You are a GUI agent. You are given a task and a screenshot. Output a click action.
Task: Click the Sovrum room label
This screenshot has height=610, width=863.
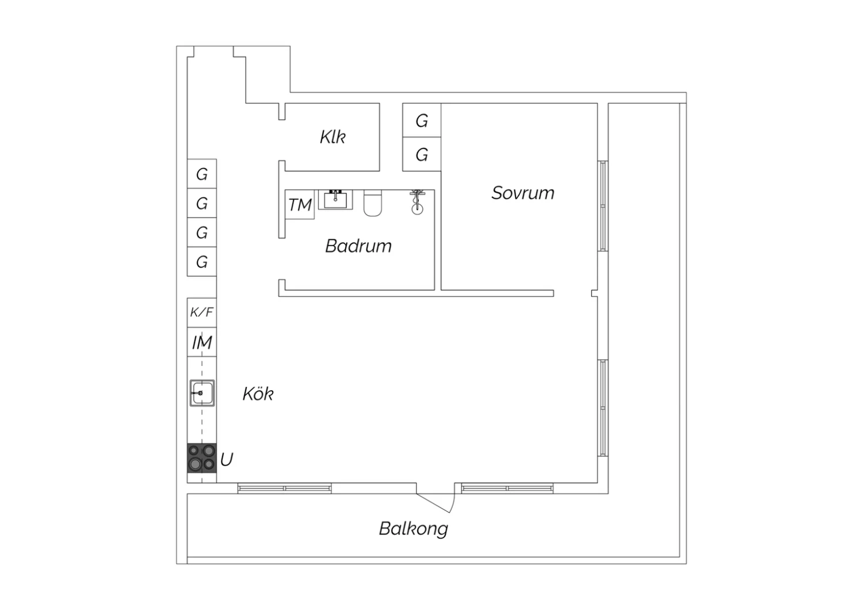pos(523,193)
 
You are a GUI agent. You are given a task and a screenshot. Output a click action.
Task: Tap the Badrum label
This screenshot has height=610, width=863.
pos(358,246)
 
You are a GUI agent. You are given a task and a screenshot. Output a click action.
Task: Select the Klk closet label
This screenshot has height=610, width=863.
pos(333,137)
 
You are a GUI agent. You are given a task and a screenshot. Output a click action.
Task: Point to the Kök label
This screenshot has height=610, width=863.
pos(258,394)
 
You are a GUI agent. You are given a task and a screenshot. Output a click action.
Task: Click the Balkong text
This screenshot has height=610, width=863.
pos(414,529)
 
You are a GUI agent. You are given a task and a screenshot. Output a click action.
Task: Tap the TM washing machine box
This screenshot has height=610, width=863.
pos(300,205)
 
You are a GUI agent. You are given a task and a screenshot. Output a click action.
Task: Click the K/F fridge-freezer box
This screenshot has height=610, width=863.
pos(202,312)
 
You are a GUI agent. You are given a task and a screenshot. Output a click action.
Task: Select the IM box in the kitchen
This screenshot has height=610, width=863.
pos(202,342)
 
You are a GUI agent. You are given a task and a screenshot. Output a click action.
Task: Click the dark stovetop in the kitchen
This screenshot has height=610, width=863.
pos(202,458)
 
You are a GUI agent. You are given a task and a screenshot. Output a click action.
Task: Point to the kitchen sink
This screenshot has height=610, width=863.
pos(202,393)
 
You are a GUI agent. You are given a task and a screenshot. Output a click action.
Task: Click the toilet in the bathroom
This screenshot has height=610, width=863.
pos(373,203)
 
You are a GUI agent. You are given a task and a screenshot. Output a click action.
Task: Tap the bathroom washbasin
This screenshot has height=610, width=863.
pos(335,200)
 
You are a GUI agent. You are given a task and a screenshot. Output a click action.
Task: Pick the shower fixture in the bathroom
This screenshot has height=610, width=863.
pos(417,202)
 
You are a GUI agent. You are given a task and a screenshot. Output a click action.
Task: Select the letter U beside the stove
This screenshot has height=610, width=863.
pos(227,459)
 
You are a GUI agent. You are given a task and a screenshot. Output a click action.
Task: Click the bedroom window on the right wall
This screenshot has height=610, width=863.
pos(603,206)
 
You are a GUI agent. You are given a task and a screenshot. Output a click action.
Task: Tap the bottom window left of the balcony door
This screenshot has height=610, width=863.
pos(284,489)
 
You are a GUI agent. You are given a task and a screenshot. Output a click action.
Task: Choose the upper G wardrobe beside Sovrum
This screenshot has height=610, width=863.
pos(422,120)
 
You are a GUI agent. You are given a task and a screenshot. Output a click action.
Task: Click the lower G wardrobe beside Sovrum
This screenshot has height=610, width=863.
pos(422,154)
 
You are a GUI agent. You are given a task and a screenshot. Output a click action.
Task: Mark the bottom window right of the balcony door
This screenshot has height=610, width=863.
pos(507,489)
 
